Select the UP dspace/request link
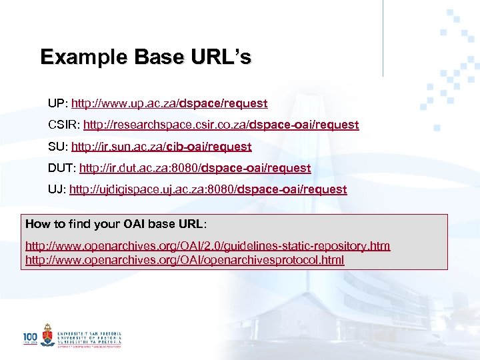pos(169,103)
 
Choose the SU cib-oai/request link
pos(161,147)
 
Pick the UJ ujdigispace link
pos(208,189)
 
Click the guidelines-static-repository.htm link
pos(207,246)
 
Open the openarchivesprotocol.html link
pos(185,259)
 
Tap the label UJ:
pos(57,189)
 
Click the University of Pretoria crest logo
pos(47,335)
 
